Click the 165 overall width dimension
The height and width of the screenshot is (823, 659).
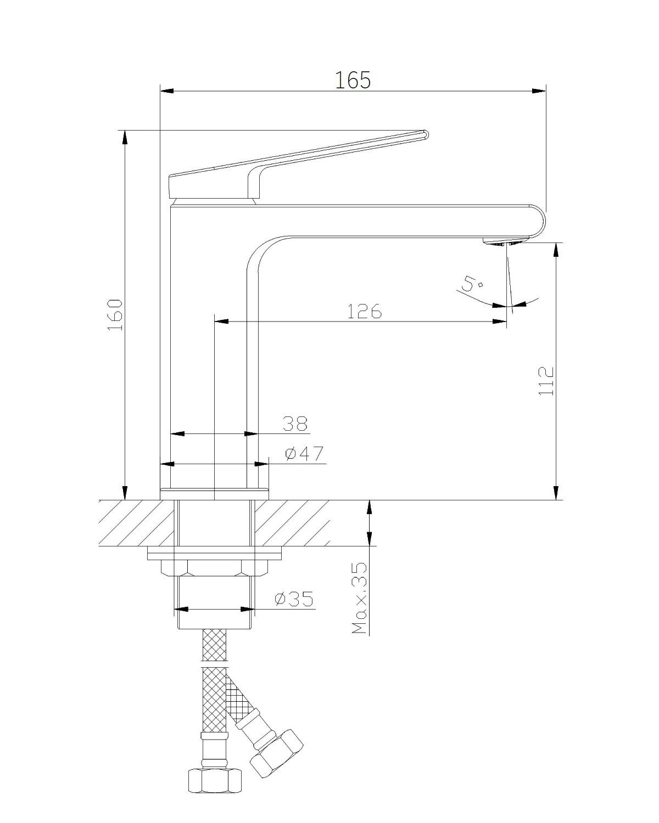(353, 80)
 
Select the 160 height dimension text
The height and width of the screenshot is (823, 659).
(115, 315)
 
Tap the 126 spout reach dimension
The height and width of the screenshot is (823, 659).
(365, 311)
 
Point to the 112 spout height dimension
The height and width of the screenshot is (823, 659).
(546, 381)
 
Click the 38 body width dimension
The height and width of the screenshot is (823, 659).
(295, 424)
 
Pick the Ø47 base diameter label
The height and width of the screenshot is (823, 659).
(304, 454)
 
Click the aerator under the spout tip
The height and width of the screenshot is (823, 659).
(505, 242)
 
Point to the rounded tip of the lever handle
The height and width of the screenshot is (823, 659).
(426, 134)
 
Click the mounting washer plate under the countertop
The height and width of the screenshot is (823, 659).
(214, 553)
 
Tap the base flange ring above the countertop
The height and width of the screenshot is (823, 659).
(214, 494)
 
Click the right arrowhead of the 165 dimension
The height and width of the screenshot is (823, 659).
(539, 91)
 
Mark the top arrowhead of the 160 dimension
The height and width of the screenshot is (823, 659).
(125, 137)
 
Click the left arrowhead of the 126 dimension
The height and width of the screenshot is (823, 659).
(221, 322)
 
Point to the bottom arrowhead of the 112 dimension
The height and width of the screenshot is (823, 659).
(556, 493)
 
